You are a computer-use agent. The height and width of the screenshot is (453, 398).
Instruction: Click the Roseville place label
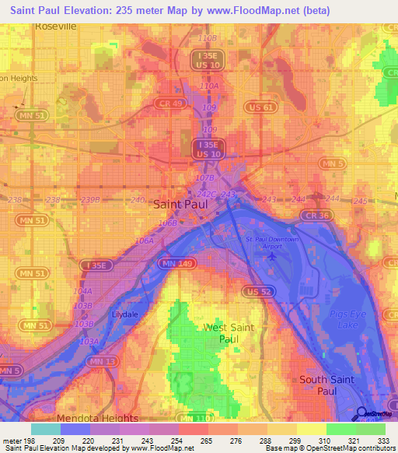point(56,26)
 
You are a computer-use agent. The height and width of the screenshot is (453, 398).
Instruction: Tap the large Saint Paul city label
point(180,204)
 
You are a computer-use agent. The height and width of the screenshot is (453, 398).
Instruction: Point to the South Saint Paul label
point(327,385)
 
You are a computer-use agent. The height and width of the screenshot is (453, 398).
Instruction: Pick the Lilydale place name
point(124,314)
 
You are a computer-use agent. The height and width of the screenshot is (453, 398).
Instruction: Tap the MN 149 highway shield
point(173,265)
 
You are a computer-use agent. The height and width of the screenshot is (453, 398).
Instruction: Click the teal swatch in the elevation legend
point(46,428)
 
